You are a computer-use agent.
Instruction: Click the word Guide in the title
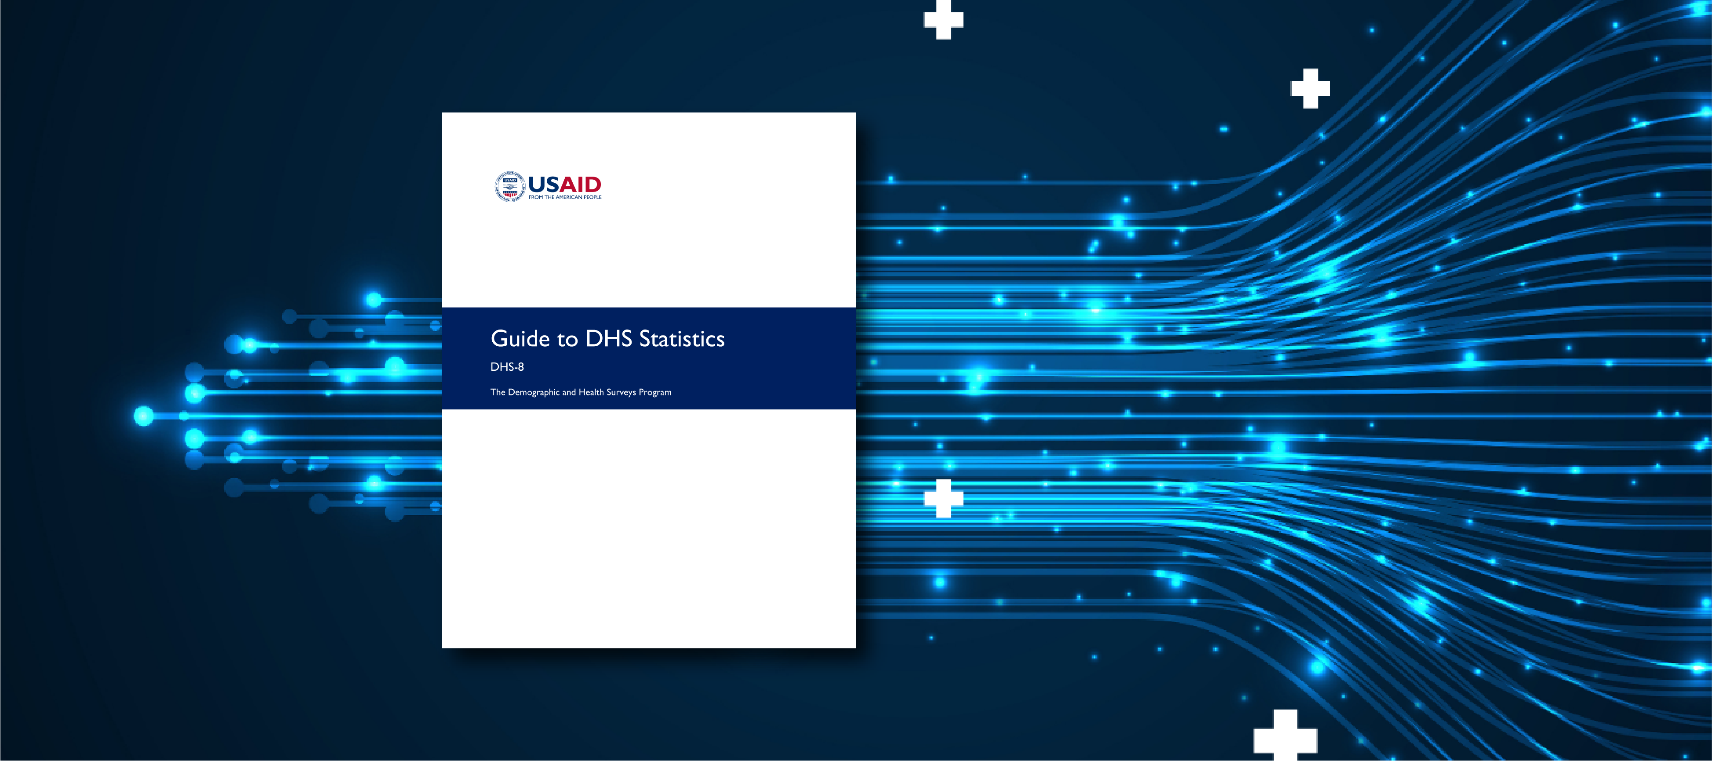520,339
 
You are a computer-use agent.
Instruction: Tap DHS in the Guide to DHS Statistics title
608,338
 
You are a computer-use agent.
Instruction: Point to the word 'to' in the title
567,340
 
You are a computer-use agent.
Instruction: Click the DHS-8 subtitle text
507,367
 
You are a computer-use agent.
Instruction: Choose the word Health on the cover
591,392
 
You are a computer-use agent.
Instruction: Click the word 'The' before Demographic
498,392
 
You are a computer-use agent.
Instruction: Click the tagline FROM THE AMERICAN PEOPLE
565,197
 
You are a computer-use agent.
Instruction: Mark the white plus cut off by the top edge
943,18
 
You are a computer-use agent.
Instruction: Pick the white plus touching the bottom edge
1285,736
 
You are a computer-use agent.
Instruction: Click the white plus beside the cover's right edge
943,498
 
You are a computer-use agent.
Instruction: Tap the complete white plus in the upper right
1310,88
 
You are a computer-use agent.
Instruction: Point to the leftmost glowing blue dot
144,416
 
